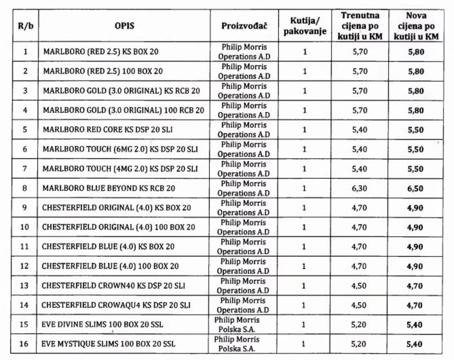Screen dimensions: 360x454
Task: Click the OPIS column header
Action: click(124, 26)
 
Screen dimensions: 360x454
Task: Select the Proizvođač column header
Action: click(244, 26)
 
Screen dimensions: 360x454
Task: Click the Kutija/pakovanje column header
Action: click(305, 26)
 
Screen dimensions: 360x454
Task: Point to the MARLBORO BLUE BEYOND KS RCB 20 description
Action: click(109, 188)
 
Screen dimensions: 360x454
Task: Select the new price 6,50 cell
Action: click(415, 189)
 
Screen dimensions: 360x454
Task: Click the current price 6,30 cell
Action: click(360, 189)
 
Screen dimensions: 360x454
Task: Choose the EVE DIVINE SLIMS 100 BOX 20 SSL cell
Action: click(102, 325)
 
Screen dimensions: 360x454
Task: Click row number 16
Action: click(24, 344)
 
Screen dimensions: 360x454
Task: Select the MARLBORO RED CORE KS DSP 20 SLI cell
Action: click(107, 130)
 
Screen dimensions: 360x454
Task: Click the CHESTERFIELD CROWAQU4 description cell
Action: click(116, 305)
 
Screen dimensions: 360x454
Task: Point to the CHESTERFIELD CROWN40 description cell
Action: click(113, 286)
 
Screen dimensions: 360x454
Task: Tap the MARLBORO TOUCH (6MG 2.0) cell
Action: click(120, 149)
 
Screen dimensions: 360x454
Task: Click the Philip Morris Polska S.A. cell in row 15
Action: click(237, 325)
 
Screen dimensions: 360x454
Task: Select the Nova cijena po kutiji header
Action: click(416, 26)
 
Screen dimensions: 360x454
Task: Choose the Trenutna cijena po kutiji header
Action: click(360, 26)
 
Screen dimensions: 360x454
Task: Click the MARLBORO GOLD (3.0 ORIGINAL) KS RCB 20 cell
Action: click(121, 91)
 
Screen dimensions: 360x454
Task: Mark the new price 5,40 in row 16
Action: click(415, 344)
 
